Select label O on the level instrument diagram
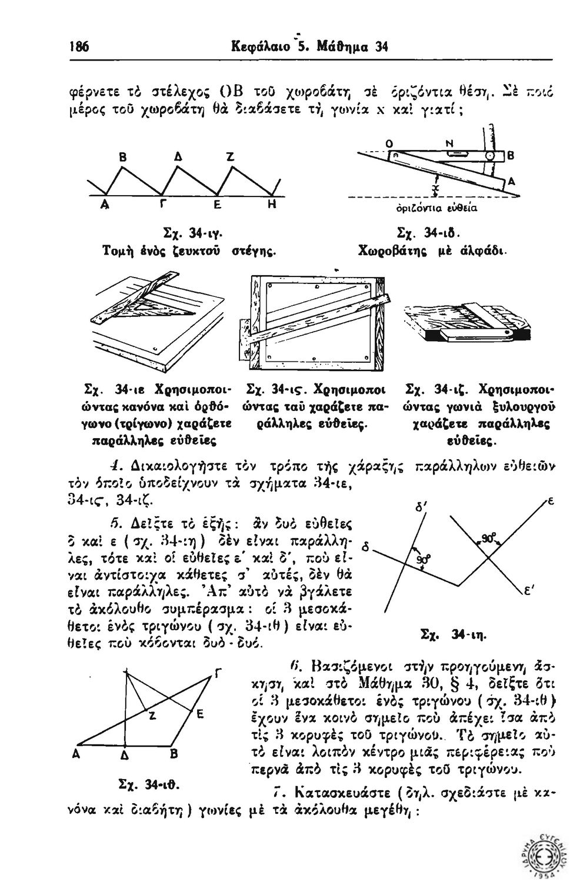point(389,143)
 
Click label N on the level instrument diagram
point(449,143)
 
